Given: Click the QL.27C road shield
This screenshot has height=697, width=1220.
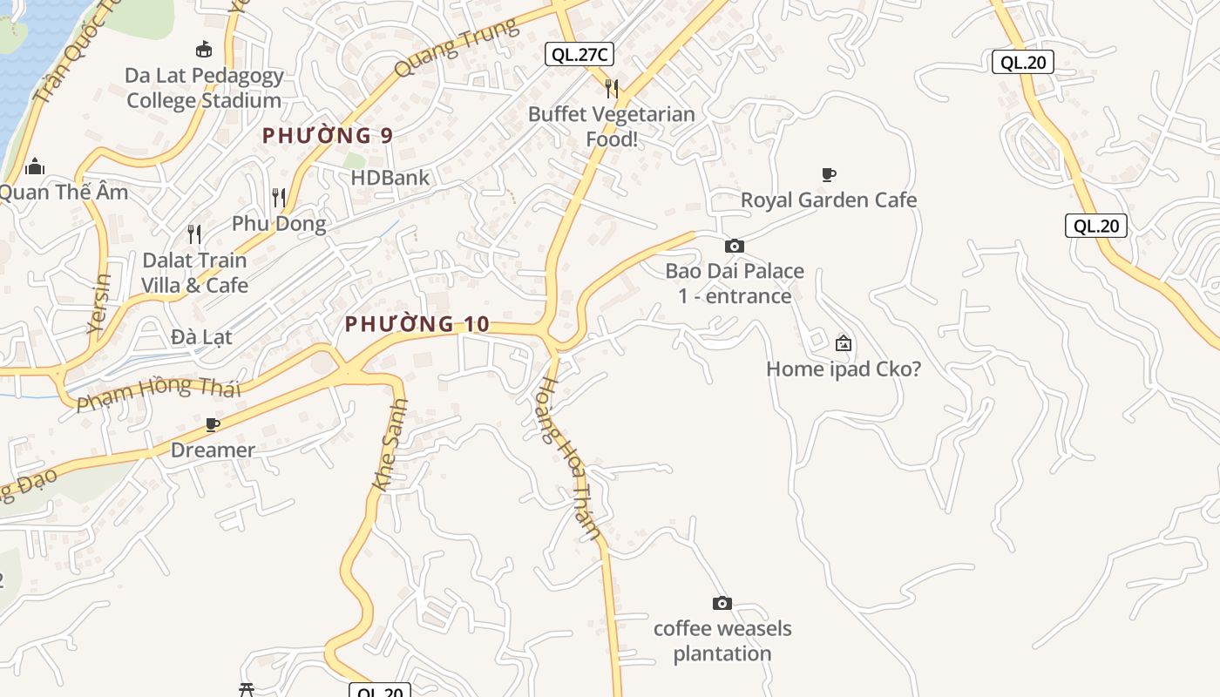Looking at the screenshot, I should (579, 54).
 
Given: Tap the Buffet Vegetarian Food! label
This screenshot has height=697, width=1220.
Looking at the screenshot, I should (612, 126).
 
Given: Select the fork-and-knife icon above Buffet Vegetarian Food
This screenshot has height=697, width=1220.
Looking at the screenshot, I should (612, 88).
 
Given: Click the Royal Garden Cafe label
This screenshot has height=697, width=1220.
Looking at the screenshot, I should (829, 200).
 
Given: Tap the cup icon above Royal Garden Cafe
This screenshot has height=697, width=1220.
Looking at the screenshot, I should (829, 175).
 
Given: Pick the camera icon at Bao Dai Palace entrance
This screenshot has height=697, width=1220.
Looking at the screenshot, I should (735, 247).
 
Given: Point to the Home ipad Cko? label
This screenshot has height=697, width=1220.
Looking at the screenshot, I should (843, 369).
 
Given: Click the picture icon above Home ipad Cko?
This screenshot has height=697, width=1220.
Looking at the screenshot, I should (843, 343).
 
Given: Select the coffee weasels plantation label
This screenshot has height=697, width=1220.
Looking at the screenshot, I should (722, 640).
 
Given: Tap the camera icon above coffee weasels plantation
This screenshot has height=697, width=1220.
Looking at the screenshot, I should (722, 603).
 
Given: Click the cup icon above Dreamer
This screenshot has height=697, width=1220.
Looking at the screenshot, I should (212, 425).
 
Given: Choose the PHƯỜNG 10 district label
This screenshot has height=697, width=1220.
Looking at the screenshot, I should (417, 324).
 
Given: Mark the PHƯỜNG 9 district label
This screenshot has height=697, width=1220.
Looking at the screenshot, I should (328, 135).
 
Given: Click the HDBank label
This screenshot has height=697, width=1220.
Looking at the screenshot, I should (390, 178).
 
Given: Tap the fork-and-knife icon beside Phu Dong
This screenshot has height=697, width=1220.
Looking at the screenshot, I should (279, 198).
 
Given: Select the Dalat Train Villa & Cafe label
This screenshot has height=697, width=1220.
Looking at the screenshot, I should (195, 272).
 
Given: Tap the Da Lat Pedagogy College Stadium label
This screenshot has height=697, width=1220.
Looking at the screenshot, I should (204, 88).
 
